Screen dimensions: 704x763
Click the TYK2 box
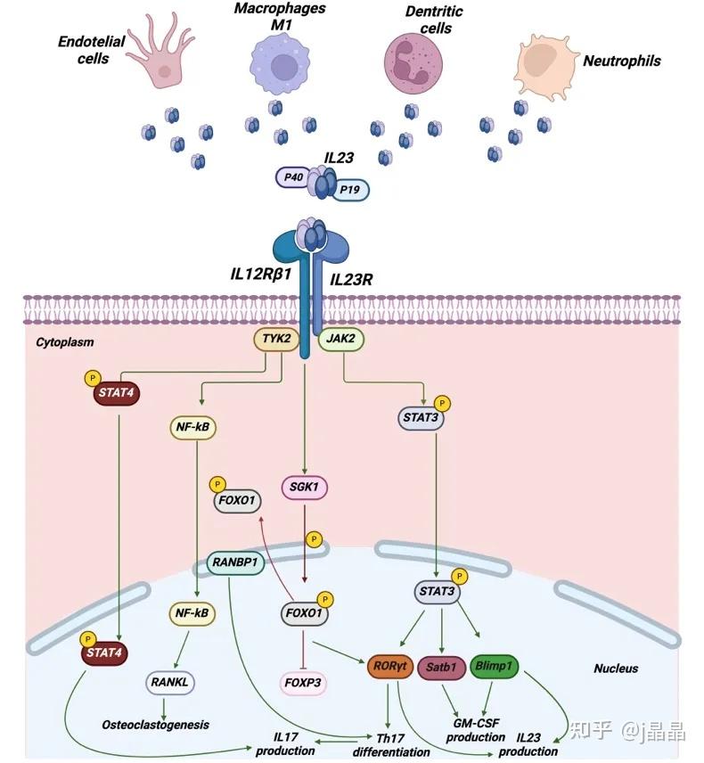coord(276,340)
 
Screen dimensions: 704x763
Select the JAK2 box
coord(341,340)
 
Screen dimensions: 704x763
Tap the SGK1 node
coord(305,488)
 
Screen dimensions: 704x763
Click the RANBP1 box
coord(235,563)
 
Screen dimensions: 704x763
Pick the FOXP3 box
coord(303,683)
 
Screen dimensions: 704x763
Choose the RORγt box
coord(389,666)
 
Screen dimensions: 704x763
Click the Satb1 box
coord(441,667)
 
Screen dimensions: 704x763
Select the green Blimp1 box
coord(494,666)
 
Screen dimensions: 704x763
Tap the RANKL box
coord(169,683)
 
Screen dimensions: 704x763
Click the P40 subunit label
coord(293,177)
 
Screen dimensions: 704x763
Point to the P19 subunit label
coord(350,190)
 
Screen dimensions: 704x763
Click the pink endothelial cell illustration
coord(161,50)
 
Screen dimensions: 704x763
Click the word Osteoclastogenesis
coord(155,725)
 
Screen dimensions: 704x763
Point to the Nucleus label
coord(616,669)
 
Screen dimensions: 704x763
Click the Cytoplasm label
coord(65,342)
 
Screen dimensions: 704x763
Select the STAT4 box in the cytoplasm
coord(116,393)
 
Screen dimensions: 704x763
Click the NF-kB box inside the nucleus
coord(192,613)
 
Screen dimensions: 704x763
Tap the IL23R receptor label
coord(351,280)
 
